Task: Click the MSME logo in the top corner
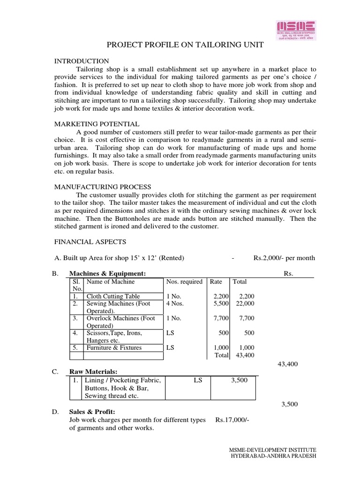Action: tap(295, 30)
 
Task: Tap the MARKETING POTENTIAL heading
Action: tap(97, 124)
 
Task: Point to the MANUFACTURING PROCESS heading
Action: tap(103, 187)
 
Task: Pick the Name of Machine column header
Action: tap(111, 282)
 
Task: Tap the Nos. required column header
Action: tap(184, 282)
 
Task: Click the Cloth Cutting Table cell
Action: tap(113, 296)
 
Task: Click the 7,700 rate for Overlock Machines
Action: tap(220, 318)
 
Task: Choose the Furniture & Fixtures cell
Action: tap(114, 348)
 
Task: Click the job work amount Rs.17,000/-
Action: tap(232, 420)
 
